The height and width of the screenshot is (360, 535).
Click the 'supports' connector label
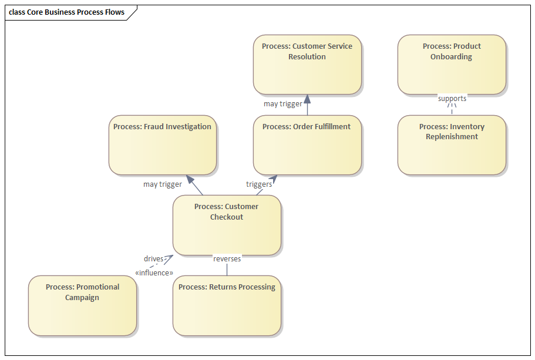(x=452, y=98)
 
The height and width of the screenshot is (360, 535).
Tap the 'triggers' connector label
(x=259, y=184)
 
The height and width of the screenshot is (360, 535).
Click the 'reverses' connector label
(x=227, y=258)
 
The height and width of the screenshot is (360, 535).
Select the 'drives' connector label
(x=153, y=258)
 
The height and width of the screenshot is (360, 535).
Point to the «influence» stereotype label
(x=154, y=272)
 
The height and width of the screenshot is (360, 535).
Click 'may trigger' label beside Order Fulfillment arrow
(x=283, y=104)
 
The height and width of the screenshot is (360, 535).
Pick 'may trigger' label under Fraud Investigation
(x=163, y=184)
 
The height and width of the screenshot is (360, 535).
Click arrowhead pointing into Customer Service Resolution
(x=307, y=99)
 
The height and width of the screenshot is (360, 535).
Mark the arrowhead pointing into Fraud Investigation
(x=190, y=179)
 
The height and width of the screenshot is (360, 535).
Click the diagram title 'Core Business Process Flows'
(x=68, y=12)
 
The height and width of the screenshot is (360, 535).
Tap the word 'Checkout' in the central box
(x=227, y=217)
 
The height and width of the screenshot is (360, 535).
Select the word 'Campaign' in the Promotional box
(x=82, y=297)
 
